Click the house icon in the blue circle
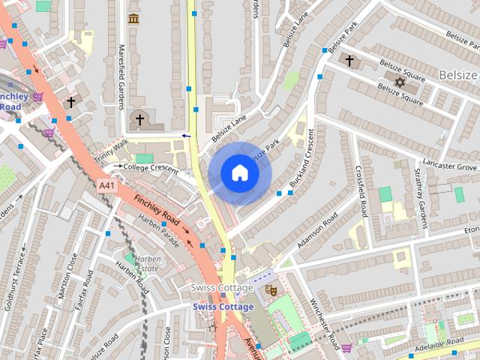[239, 173]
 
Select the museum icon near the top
[134, 18]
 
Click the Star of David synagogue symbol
[399, 82]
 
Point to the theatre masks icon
[271, 288]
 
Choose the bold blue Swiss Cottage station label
[223, 307]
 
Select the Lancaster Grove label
[449, 165]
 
